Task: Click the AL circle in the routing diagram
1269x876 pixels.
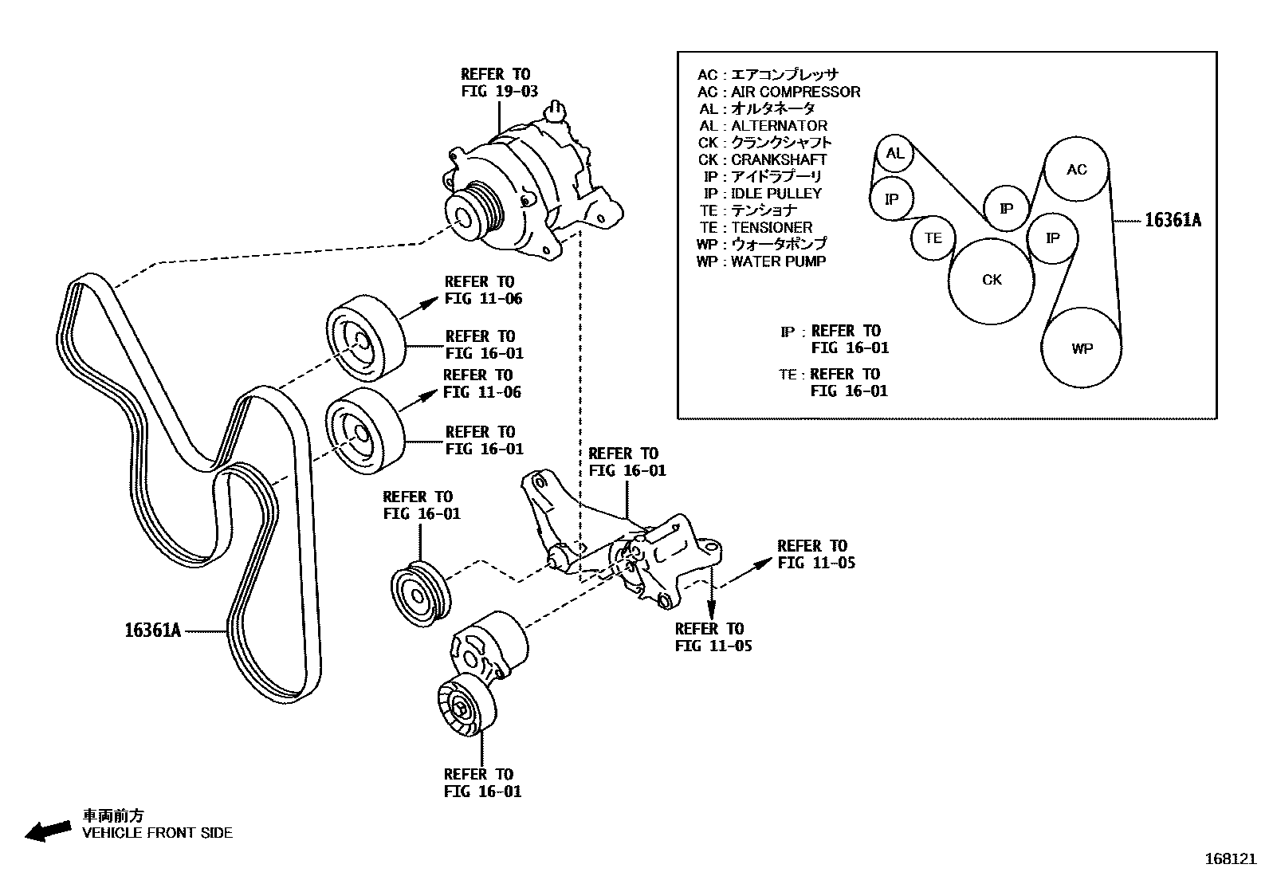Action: tap(894, 153)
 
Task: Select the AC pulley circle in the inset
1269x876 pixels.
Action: tap(1076, 169)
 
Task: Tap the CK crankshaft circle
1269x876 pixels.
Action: tap(992, 280)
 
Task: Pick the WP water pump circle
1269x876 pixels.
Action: tap(1082, 348)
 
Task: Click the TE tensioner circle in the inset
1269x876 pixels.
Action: tap(933, 238)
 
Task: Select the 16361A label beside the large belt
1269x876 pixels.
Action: tap(152, 631)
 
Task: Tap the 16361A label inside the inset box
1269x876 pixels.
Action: tap(1172, 221)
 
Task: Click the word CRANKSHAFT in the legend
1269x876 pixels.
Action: tap(779, 159)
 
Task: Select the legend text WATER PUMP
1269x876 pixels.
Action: tap(778, 261)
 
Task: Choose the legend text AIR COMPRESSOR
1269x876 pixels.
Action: tap(795, 92)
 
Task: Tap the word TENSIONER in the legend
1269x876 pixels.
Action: tap(772, 227)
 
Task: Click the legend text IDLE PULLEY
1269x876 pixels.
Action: tap(776, 193)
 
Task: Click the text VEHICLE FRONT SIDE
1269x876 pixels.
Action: tap(158, 833)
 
